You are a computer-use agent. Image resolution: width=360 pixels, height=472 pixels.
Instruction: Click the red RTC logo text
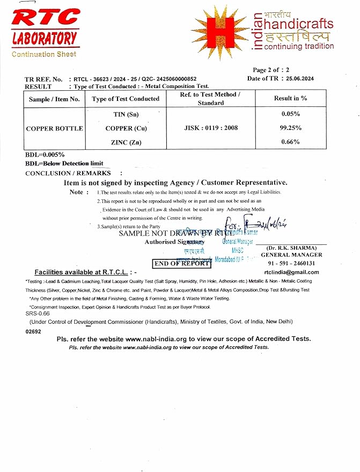(45, 18)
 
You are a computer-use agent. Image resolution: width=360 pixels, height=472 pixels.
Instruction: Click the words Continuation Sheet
(44, 54)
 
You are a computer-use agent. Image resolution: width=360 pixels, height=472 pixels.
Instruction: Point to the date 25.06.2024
(300, 78)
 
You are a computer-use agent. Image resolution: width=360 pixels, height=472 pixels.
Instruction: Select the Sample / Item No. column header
(54, 99)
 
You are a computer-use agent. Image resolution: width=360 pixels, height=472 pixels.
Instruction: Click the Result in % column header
(290, 98)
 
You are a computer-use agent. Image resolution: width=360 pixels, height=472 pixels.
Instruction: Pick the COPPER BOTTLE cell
(54, 128)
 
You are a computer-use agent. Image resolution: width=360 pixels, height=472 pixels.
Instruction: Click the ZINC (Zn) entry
(126, 142)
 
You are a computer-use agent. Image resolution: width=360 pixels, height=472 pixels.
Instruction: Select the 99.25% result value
(290, 128)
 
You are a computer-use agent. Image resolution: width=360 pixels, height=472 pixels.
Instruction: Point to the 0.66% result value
(290, 142)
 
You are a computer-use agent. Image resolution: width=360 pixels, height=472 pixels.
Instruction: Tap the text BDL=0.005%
(41, 155)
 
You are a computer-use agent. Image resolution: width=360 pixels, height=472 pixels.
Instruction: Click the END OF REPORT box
(182, 263)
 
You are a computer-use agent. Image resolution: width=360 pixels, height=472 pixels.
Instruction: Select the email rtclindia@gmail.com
(291, 272)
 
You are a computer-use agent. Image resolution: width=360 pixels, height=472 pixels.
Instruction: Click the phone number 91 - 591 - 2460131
(291, 263)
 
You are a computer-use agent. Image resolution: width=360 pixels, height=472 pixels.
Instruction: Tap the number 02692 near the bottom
(33, 332)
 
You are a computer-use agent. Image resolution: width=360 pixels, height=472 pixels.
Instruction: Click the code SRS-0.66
(38, 313)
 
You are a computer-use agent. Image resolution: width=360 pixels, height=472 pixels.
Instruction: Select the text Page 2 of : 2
(271, 70)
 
